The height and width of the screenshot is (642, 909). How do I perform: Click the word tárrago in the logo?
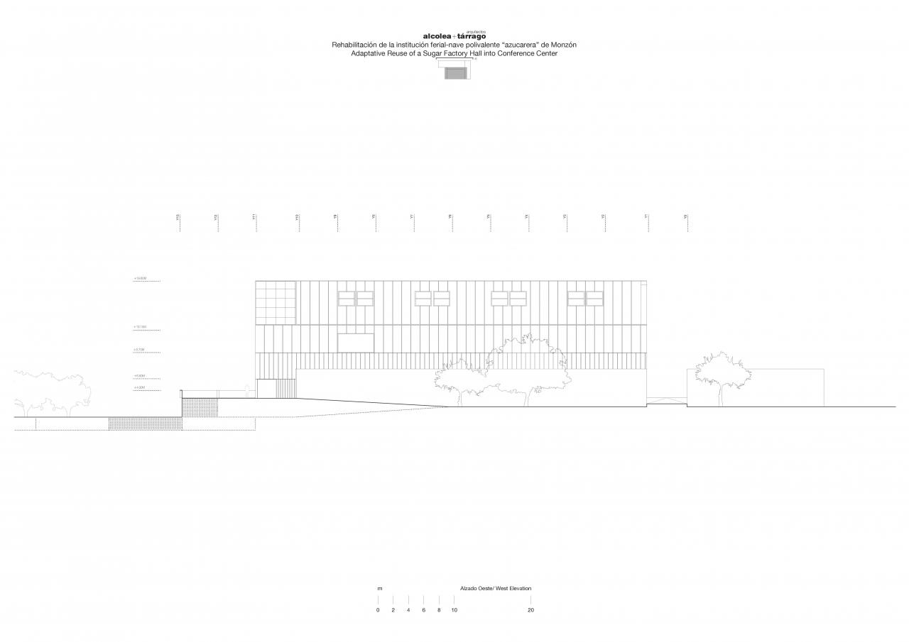point(472,36)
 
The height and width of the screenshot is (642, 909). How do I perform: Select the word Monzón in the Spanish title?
point(561,45)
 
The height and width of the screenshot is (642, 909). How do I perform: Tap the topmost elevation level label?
point(140,279)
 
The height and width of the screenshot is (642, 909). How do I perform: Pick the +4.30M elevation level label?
point(139,388)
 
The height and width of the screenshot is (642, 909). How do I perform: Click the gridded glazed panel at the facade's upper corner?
point(276,302)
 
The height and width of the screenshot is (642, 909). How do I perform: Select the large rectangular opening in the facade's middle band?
point(356,343)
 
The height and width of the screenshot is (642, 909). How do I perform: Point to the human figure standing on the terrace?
point(246,390)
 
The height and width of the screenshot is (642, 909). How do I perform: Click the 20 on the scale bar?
point(530,610)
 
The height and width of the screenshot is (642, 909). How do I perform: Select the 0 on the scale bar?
point(378,610)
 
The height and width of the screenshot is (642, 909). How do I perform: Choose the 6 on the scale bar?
point(423,610)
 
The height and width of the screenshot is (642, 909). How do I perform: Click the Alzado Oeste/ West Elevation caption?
point(495,588)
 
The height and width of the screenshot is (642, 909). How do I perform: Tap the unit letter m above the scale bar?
point(379,588)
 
